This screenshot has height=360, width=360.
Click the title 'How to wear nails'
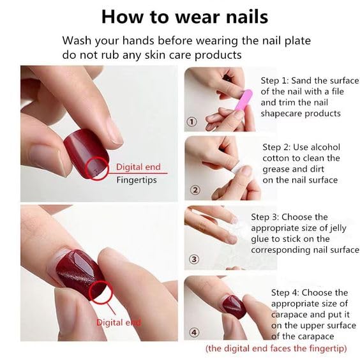(x=184, y=15)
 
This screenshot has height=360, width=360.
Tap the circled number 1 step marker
(x=192, y=121)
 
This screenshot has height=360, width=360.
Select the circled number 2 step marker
(x=196, y=190)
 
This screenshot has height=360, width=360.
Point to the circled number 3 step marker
(x=195, y=259)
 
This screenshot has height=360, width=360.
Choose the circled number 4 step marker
(x=195, y=331)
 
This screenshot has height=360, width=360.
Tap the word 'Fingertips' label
(x=136, y=180)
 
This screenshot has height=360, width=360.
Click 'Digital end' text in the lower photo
(x=118, y=322)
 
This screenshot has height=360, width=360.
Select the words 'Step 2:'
(x=279, y=146)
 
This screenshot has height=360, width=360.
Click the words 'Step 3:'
(x=268, y=217)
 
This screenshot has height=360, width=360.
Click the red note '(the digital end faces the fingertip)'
(x=276, y=349)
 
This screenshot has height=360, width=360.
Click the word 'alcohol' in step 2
(x=325, y=146)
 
